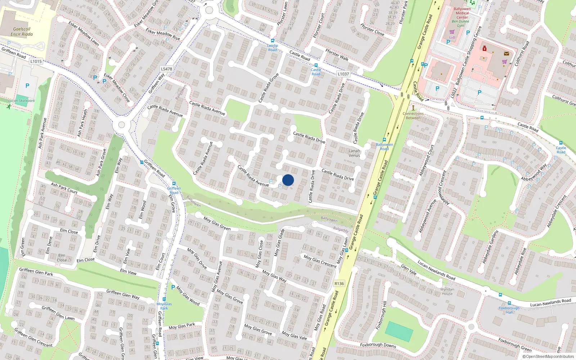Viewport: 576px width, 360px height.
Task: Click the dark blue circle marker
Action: [288, 180]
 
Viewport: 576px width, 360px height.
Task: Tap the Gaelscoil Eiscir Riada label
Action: [22, 32]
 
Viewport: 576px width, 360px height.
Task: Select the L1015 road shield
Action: [36, 61]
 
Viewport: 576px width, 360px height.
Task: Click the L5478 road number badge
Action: [166, 69]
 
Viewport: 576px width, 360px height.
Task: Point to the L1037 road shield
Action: [343, 74]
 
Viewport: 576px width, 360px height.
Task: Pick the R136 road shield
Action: [339, 283]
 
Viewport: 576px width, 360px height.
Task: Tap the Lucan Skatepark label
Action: [22, 101]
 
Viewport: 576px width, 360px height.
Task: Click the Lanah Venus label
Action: [354, 153]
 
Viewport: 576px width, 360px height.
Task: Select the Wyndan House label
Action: [447, 291]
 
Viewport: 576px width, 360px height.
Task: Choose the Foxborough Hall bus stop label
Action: [509, 310]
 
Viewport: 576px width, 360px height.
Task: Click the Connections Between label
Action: [413, 116]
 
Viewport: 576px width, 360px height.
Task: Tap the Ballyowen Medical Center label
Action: [462, 13]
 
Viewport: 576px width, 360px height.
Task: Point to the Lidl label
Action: [452, 37]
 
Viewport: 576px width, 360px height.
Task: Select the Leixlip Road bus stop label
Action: [273, 48]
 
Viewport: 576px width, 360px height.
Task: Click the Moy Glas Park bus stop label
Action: [164, 306]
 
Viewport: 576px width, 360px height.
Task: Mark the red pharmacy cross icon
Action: [485, 48]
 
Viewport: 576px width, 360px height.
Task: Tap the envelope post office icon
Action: [507, 54]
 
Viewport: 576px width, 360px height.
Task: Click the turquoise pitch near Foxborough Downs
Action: [399, 332]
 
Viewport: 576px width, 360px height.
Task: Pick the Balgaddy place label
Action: [341, 229]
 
